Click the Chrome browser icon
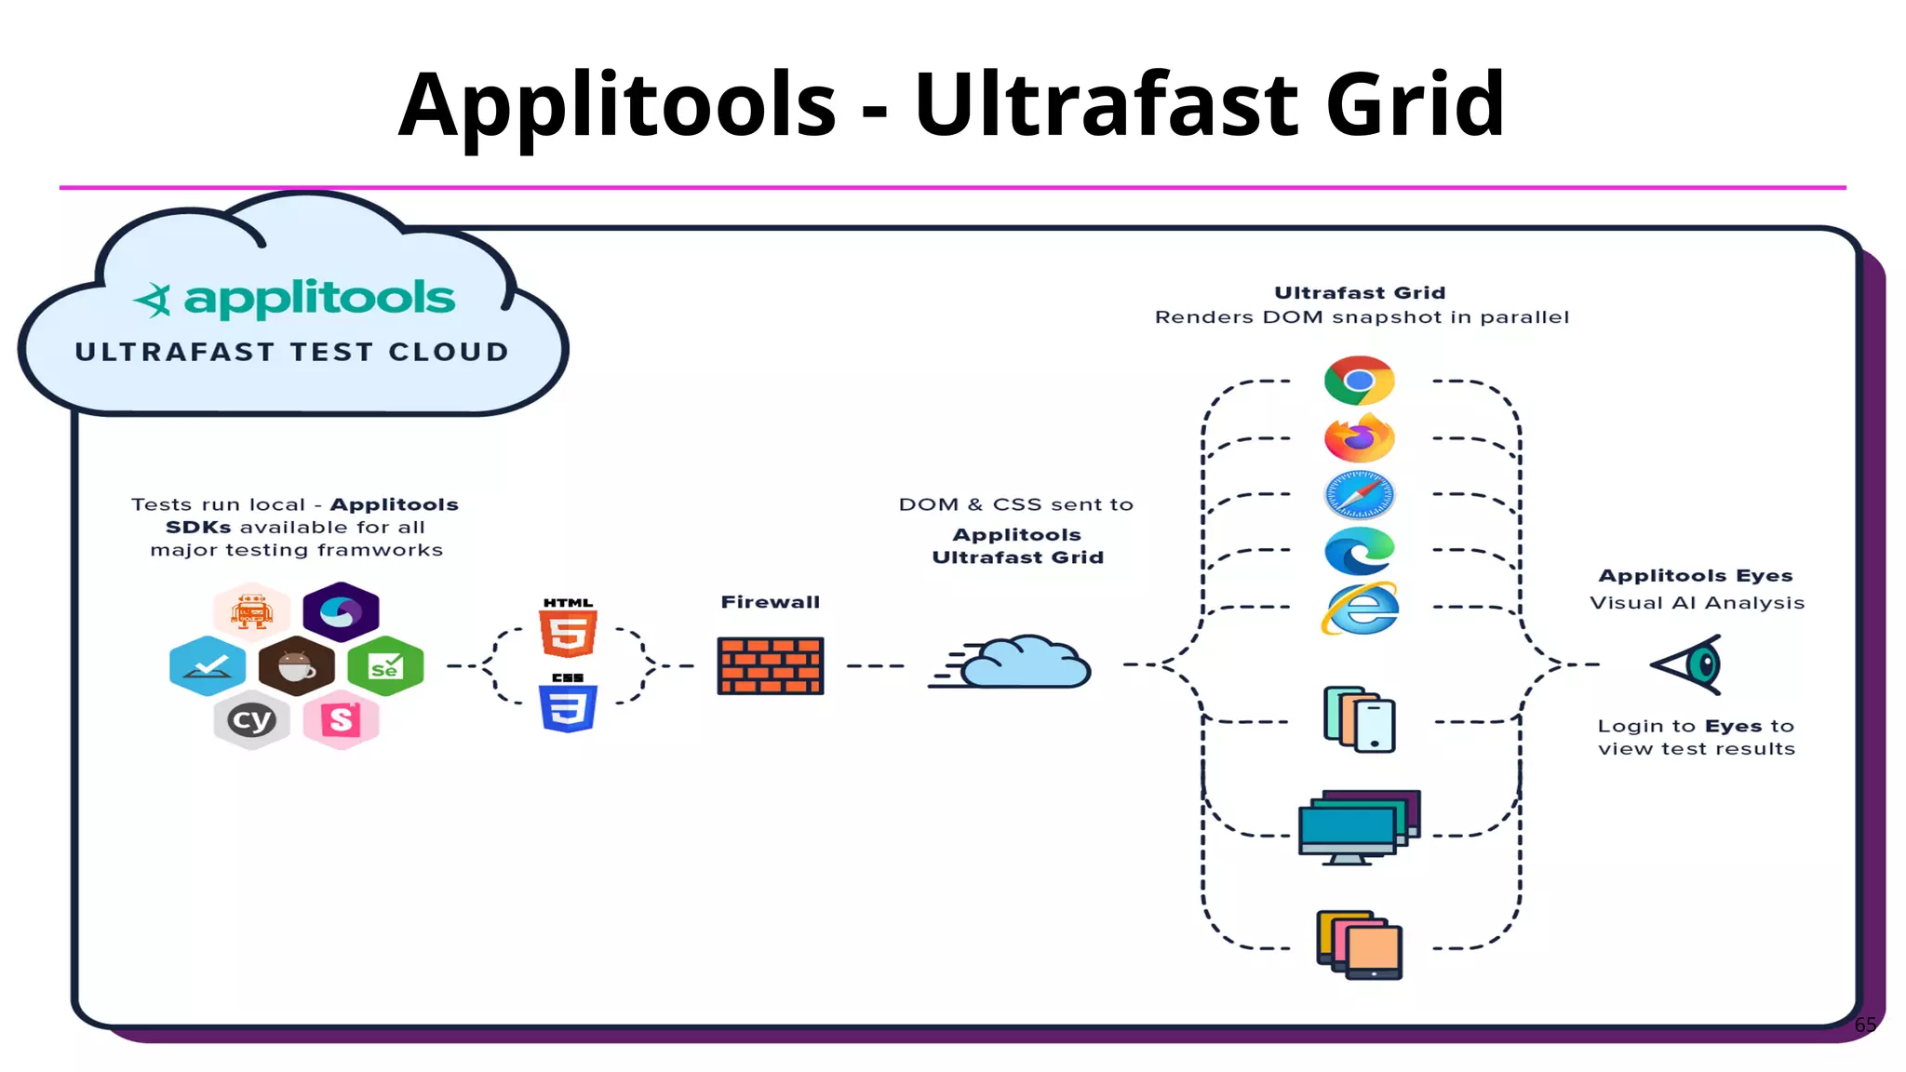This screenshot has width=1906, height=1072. pyautogui.click(x=1359, y=381)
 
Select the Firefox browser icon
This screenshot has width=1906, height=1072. pyautogui.click(x=1359, y=438)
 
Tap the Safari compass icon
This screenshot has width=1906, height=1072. pyautogui.click(x=1359, y=494)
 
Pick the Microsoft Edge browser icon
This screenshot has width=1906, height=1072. pyautogui.click(x=1359, y=551)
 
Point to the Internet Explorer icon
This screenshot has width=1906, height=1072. pyautogui.click(x=1360, y=610)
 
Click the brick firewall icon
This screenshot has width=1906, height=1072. pyautogui.click(x=771, y=665)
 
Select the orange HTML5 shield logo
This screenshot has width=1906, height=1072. pyautogui.click(x=569, y=634)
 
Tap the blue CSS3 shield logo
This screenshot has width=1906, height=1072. pyautogui.click(x=569, y=708)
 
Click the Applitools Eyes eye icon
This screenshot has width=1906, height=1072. pyautogui.click(x=1689, y=664)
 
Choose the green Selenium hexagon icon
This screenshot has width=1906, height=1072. pyautogui.click(x=385, y=665)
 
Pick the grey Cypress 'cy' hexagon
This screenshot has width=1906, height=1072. pyautogui.click(x=251, y=719)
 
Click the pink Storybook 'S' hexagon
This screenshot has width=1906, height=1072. pyautogui.click(x=342, y=719)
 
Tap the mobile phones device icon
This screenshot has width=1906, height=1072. pyautogui.click(x=1360, y=719)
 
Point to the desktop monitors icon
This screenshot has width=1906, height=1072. pyautogui.click(x=1359, y=826)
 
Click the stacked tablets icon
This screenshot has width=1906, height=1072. pyautogui.click(x=1360, y=945)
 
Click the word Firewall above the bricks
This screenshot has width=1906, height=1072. pyautogui.click(x=771, y=602)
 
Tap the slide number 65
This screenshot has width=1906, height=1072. pyautogui.click(x=1865, y=1025)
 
